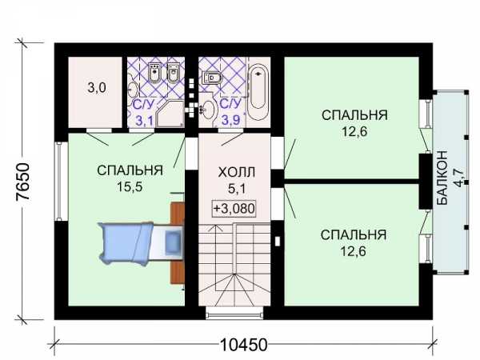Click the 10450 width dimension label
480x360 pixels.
click(x=244, y=345)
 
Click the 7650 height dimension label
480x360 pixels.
click(x=23, y=182)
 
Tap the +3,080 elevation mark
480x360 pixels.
click(x=234, y=209)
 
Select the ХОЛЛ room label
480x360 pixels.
click(x=236, y=173)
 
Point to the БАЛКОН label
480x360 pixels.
click(x=442, y=178)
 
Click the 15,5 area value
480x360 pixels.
click(x=130, y=186)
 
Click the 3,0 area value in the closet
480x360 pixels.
click(x=97, y=88)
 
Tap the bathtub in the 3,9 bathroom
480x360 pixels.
click(x=258, y=92)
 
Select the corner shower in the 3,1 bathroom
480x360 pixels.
click(x=170, y=113)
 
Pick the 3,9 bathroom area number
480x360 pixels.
click(x=231, y=120)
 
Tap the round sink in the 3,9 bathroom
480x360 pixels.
click(x=210, y=110)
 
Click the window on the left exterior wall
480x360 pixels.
click(x=59, y=182)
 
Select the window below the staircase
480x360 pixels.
click(x=234, y=313)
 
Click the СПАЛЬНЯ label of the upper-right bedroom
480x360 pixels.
click(x=354, y=115)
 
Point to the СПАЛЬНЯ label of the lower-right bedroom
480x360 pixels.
click(x=354, y=234)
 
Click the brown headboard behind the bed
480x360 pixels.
click(x=178, y=243)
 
